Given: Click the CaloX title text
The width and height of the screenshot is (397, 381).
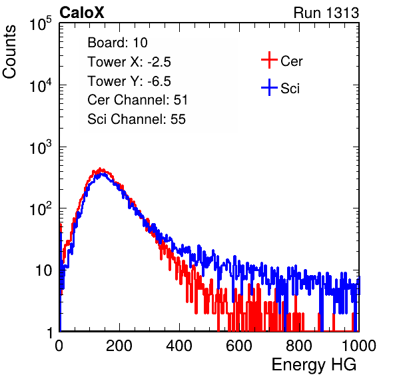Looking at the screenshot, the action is click(81, 13).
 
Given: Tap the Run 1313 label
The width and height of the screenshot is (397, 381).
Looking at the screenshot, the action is click(326, 13).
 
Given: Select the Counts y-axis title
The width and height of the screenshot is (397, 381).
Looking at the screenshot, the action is click(9, 52).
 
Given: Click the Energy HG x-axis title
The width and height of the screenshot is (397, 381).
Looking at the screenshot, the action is click(314, 365).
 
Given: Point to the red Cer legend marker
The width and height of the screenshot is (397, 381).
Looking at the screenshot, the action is click(269, 60).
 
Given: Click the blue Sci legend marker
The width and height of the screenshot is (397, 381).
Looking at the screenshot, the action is click(269, 88).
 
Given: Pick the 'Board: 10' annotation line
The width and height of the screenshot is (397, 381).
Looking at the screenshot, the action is click(117, 43).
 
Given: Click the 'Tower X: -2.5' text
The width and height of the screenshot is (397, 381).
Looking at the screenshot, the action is click(129, 62).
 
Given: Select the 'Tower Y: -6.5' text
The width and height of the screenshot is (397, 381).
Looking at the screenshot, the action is click(129, 81).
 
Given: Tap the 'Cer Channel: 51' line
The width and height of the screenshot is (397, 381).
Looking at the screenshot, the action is click(137, 100).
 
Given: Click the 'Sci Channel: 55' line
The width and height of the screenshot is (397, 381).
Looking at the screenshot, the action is click(137, 119).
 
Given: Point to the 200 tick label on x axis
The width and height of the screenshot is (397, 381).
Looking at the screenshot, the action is click(119, 346).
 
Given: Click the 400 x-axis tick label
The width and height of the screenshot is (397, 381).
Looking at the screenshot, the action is click(179, 346).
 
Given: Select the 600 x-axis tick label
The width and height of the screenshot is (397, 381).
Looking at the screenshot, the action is click(239, 346).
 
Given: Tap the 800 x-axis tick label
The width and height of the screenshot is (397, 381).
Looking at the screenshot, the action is click(299, 346).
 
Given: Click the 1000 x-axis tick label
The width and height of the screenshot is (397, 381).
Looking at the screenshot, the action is click(359, 346).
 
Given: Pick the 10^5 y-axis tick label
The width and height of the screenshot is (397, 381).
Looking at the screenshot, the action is click(41, 23).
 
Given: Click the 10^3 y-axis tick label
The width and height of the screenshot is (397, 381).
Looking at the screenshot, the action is click(41, 147).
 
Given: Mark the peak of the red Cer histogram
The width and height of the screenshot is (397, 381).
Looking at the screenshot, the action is click(100, 169).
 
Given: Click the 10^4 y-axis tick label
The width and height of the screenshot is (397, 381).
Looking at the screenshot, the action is click(41, 85).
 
